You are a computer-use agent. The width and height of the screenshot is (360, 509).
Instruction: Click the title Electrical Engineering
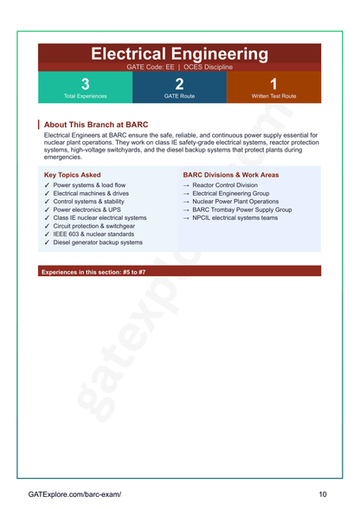179,55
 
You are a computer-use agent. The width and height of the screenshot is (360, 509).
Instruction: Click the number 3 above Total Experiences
85,84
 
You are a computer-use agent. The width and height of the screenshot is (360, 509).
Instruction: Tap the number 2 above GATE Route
179,84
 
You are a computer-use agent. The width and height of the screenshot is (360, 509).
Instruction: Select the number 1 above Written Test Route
273,84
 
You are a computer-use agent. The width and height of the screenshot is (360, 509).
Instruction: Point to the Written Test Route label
273,96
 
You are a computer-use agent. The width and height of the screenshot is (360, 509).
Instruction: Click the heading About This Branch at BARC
95,125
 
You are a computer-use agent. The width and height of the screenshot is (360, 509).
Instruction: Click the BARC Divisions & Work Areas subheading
231,175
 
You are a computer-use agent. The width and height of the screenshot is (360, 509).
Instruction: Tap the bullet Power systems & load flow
89,185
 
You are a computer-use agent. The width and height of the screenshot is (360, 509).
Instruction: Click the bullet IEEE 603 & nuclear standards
93,235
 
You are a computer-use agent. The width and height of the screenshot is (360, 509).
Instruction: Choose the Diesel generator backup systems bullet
98,242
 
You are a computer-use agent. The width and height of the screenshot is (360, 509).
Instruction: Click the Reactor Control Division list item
225,185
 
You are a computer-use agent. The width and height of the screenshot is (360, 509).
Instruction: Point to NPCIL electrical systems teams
235,218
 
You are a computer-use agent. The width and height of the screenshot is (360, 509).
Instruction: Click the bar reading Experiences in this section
93,272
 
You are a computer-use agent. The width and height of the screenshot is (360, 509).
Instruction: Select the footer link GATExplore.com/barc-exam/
74,494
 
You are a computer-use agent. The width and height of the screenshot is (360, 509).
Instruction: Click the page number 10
322,494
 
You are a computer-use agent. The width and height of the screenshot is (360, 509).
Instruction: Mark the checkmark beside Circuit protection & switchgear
47,226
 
